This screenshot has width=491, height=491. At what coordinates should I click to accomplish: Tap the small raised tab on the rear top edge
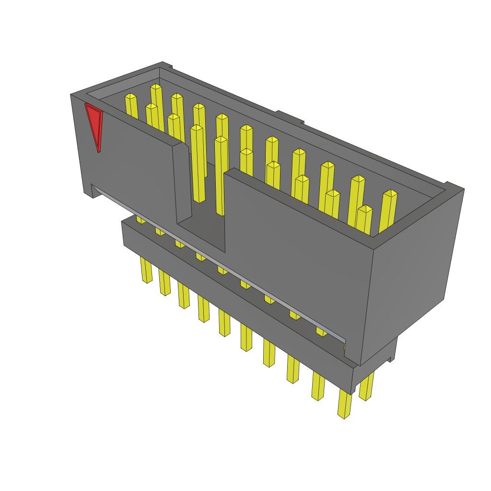point(290,117)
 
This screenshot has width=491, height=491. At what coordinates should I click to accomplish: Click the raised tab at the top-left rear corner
point(167,65)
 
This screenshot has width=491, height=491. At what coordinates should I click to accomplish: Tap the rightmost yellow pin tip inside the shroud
point(390,194)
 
